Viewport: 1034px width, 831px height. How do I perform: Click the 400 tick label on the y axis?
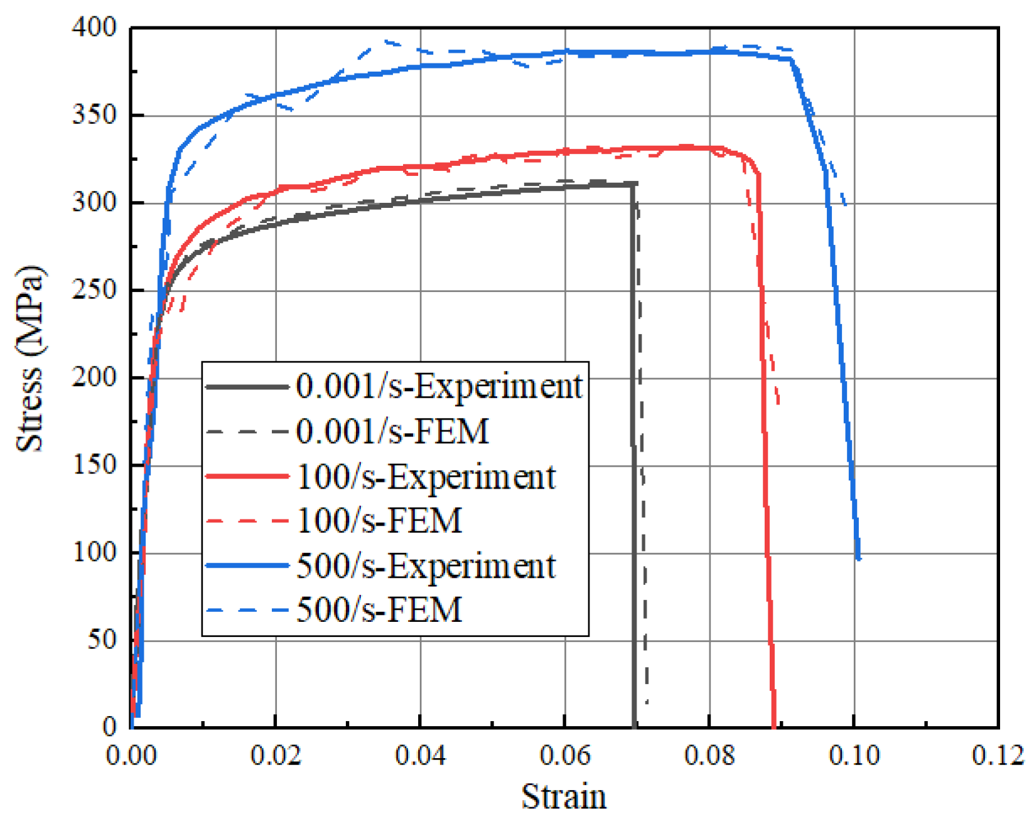click(94, 28)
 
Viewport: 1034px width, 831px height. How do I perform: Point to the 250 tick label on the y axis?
click(94, 290)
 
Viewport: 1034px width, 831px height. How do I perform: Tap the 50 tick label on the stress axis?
click(102, 640)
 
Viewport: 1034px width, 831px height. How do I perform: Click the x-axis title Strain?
click(564, 796)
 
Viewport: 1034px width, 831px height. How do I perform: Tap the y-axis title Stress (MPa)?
click(30, 358)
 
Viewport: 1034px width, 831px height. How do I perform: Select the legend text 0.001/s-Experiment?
click(439, 386)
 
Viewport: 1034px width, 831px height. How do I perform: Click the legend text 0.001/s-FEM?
click(392, 432)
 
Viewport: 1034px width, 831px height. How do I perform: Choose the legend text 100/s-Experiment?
click(426, 477)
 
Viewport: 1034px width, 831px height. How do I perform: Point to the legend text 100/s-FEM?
click(379, 521)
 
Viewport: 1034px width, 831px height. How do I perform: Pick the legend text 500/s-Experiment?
click(426, 566)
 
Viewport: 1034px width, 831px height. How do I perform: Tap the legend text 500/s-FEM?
click(379, 610)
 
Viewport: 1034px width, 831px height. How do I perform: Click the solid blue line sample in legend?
click(247, 566)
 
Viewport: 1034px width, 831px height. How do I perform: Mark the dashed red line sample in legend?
click(247, 521)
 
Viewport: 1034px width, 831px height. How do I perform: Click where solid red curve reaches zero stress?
click(774, 726)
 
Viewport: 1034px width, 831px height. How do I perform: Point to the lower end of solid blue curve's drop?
click(858, 558)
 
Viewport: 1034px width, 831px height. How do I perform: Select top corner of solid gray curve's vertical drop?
click(633, 184)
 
